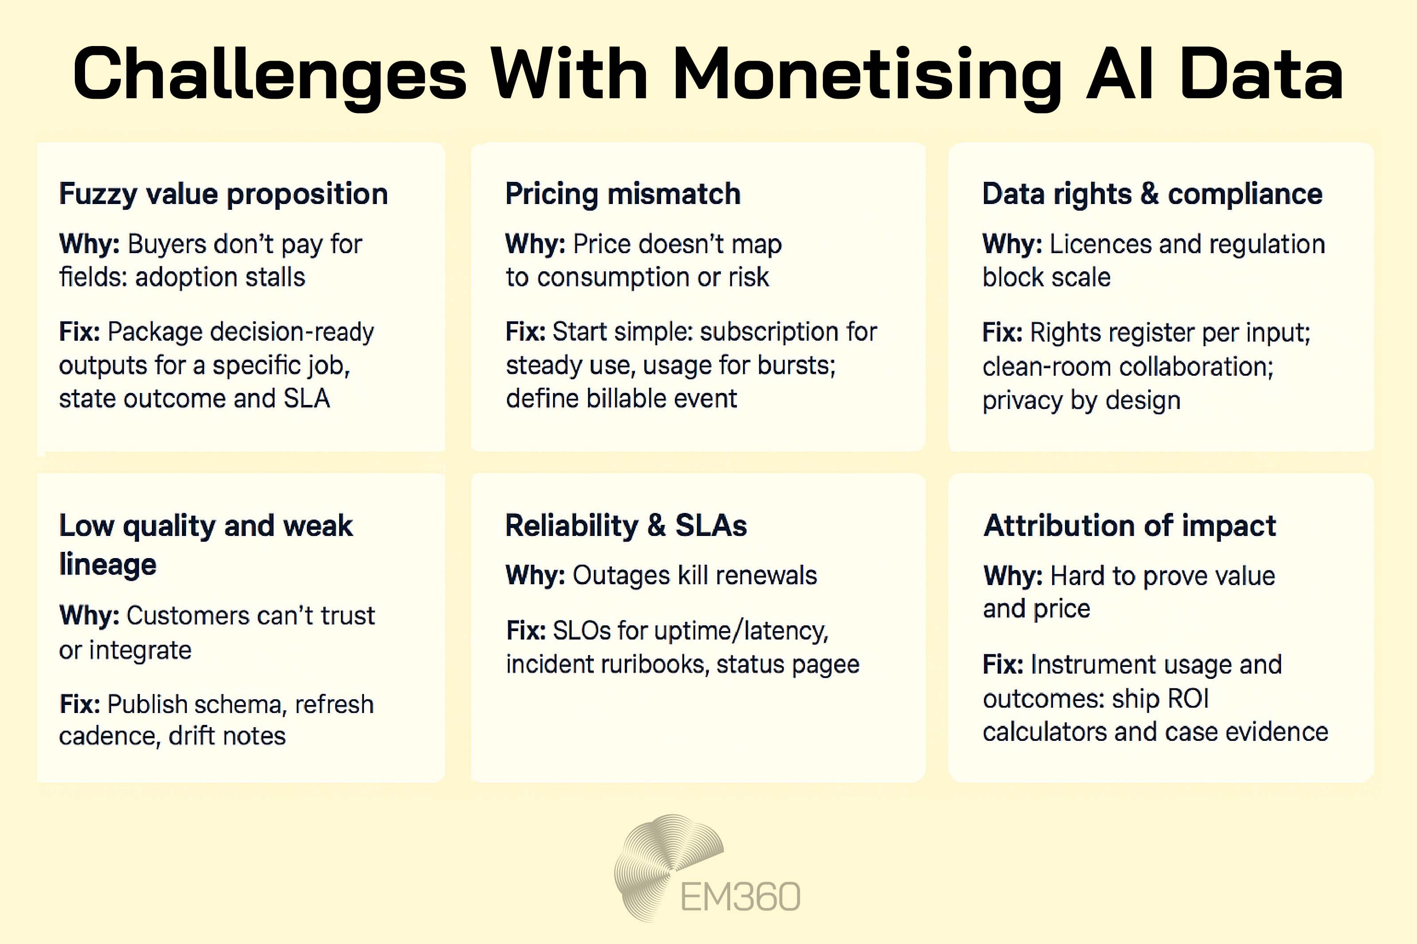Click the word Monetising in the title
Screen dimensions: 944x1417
click(x=867, y=75)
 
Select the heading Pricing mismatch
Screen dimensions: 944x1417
click(x=623, y=194)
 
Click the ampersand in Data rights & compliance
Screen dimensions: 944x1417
click(x=1149, y=194)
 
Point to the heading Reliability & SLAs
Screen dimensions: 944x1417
click(x=626, y=526)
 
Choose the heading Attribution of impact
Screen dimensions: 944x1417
click(x=1129, y=526)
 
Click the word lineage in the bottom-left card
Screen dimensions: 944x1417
click(x=108, y=565)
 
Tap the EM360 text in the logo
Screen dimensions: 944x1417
click(x=740, y=897)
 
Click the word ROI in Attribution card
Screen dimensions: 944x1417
click(x=1188, y=699)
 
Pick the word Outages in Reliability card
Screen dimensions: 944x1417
click(x=621, y=575)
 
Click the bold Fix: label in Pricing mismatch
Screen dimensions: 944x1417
click(x=525, y=332)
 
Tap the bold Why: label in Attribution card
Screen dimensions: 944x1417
click(x=1012, y=576)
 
